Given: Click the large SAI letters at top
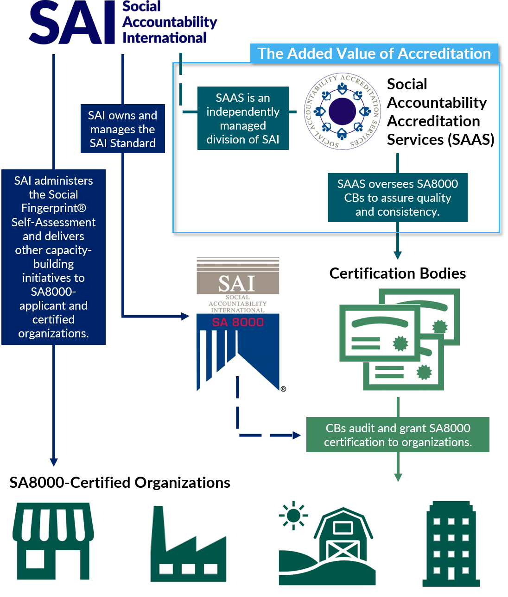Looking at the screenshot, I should coord(72,23).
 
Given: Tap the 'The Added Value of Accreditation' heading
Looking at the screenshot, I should coord(374,54).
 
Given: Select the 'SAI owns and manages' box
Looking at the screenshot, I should coord(123,129).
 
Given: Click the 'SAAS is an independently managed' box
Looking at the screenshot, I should coord(243,118).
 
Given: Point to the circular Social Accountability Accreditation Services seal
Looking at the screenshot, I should coord(342,111).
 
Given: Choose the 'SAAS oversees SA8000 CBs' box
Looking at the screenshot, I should coord(398,198).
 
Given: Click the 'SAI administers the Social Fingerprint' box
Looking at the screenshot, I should coord(54,257).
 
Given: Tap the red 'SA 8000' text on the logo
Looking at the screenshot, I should coord(238,322).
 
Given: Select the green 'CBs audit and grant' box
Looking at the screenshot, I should coord(398,435).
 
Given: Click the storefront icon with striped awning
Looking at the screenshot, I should coord(54,543).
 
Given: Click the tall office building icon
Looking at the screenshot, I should coord(451,544).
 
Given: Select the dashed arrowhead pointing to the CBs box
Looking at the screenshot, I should coord(297,435).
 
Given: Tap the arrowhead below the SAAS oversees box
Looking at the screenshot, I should coord(398,255).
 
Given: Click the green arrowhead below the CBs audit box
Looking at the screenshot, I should coord(398,477).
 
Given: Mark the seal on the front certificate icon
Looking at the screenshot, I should coord(400,343).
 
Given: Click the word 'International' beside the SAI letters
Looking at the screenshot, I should coord(165,38).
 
